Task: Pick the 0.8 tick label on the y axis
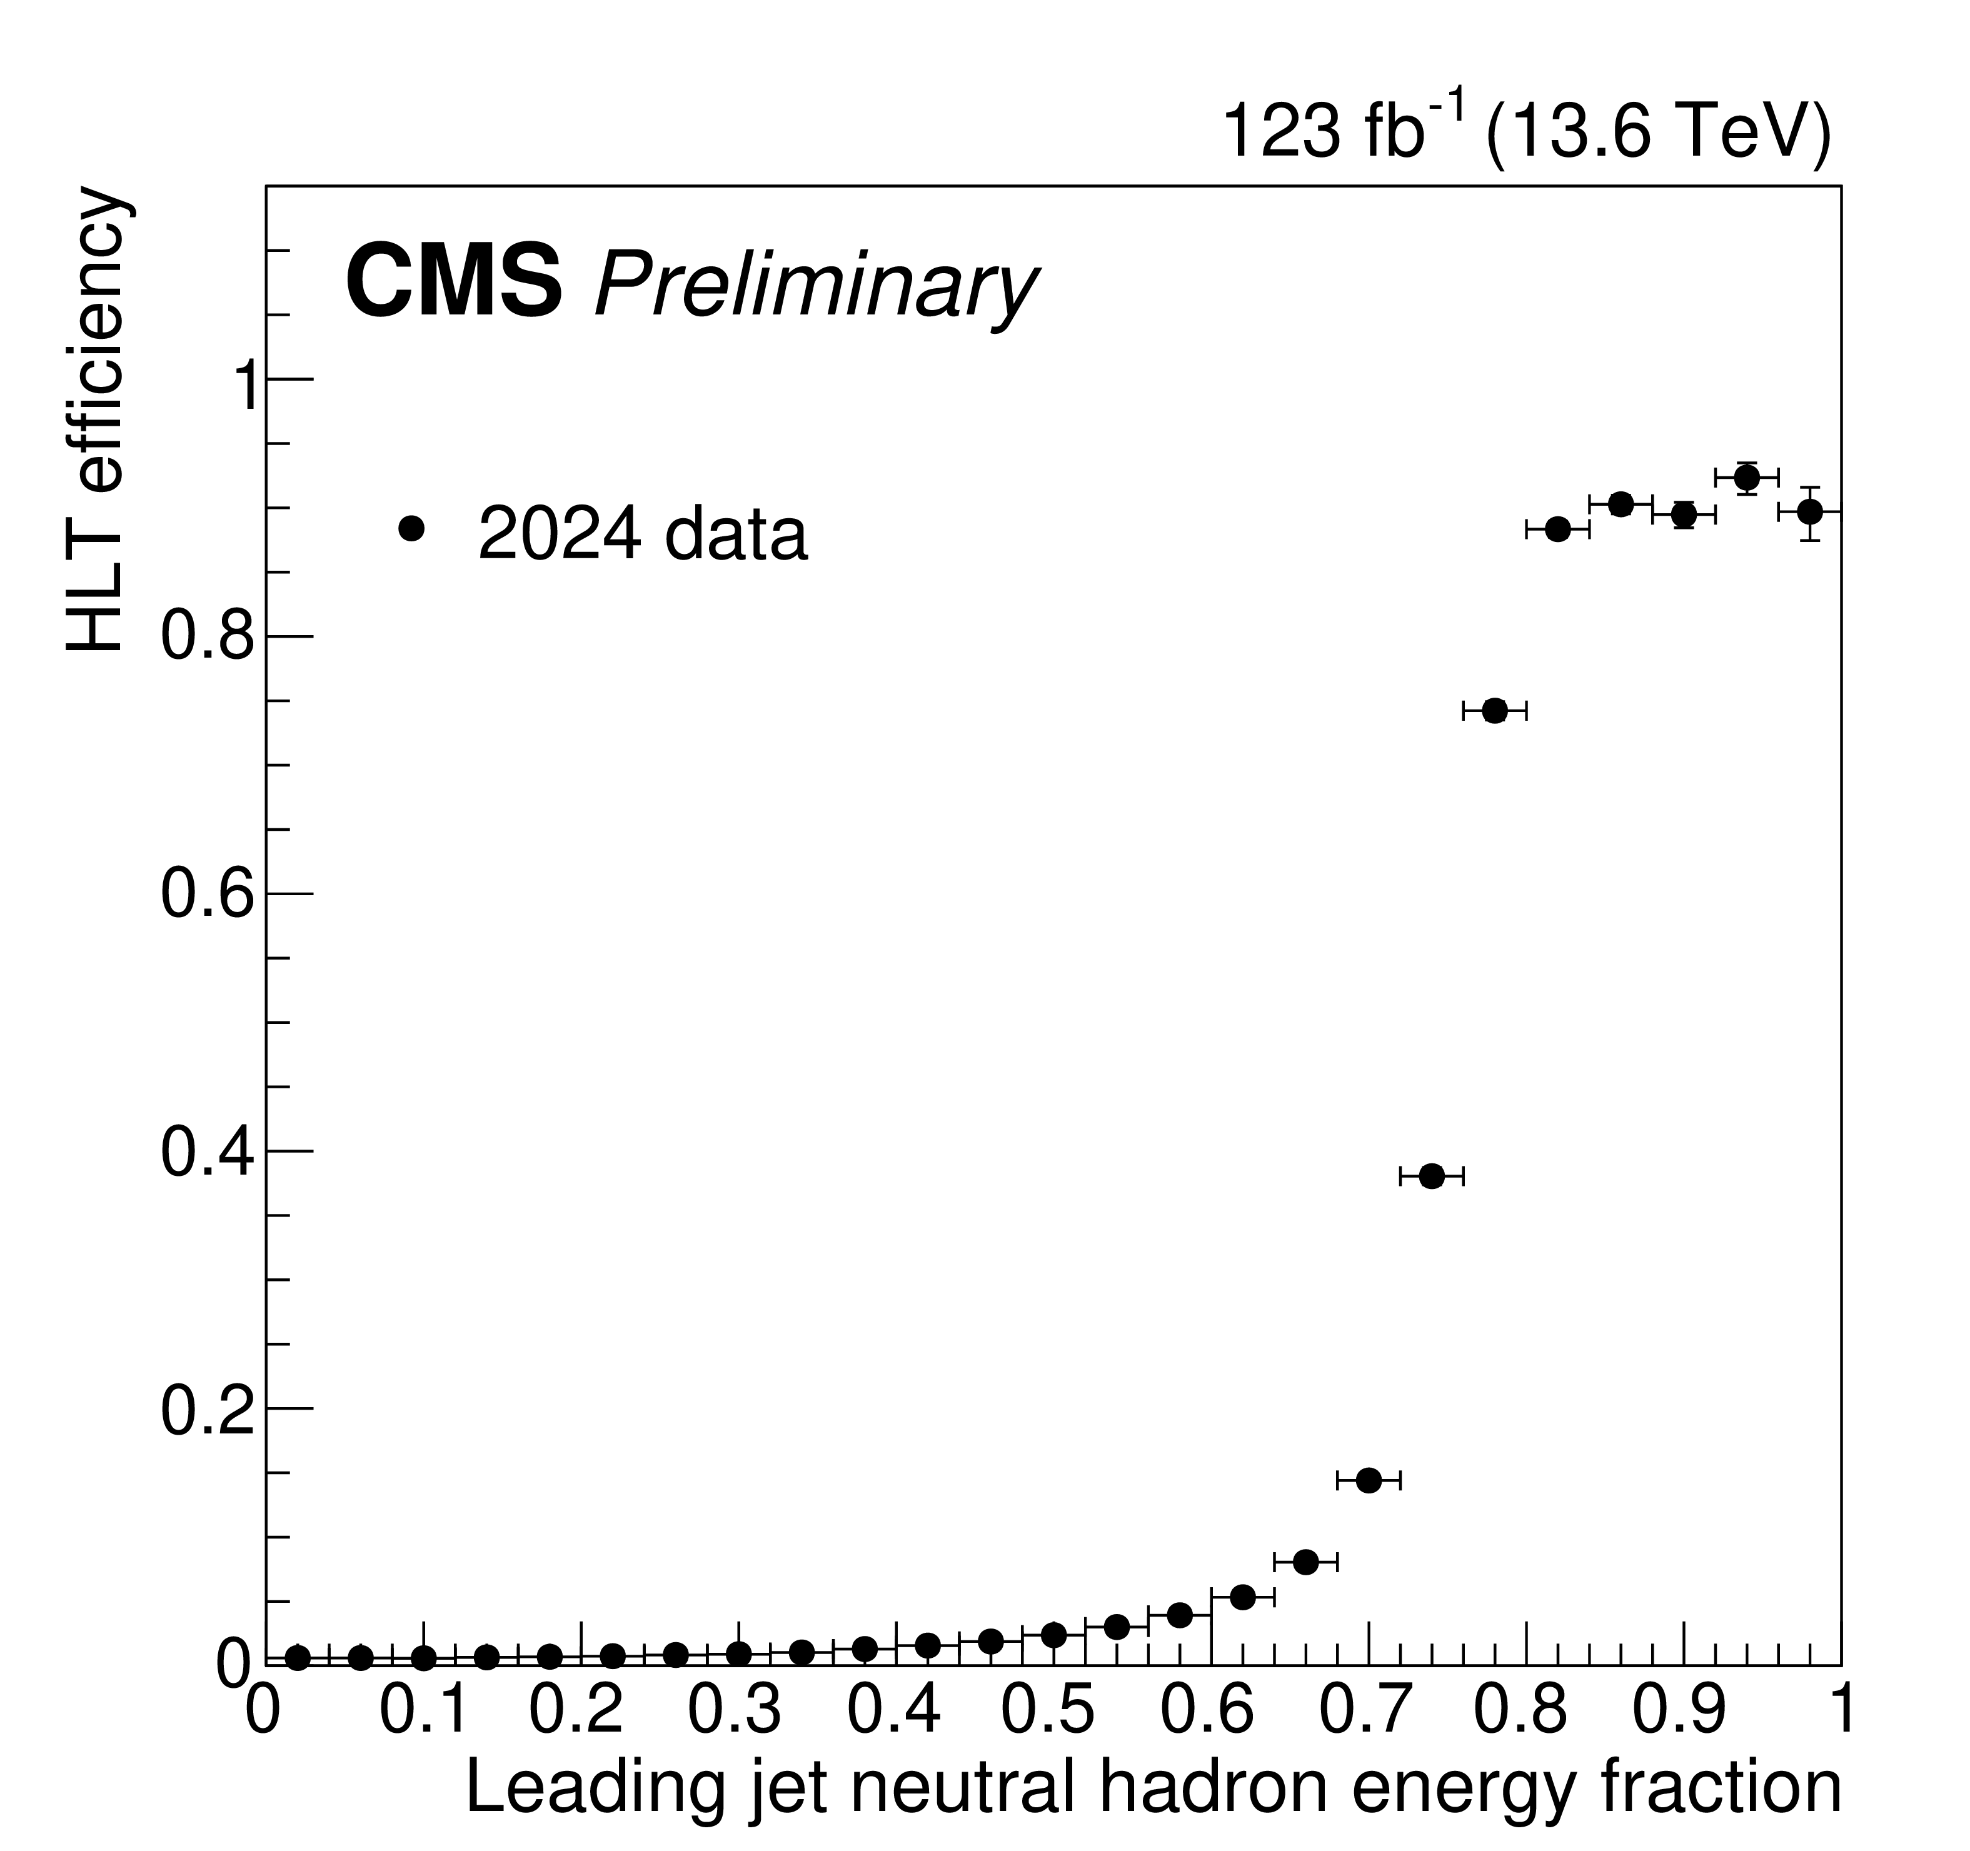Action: point(207,637)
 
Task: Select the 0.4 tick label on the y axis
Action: point(207,1151)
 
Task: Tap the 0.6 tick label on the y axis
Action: point(207,895)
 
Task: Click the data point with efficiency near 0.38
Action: point(1431,1176)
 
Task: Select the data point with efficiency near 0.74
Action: point(1494,711)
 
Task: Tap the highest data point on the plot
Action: point(1746,478)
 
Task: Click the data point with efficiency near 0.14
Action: point(1369,1480)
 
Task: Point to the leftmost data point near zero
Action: point(298,1658)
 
